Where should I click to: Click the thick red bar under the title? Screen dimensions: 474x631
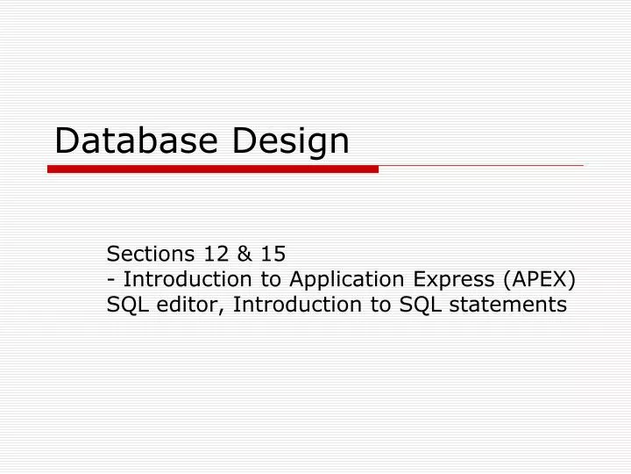213,169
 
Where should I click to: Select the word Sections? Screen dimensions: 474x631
150,254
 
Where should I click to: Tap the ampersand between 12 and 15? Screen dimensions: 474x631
245,254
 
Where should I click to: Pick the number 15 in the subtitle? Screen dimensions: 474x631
272,254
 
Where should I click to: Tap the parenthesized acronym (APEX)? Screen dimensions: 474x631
540,280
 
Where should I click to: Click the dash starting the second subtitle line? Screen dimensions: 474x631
111,280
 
